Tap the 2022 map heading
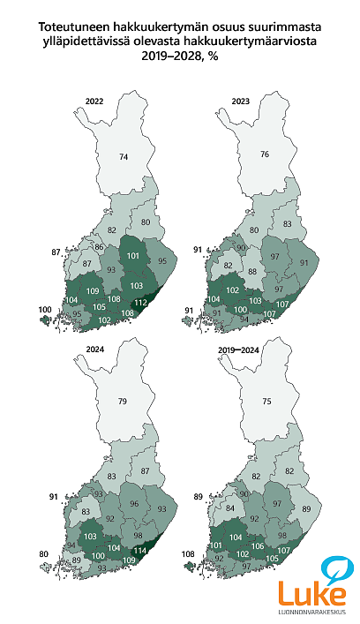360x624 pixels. (95, 101)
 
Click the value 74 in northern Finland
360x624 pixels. (124, 157)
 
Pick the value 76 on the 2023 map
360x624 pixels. (264, 154)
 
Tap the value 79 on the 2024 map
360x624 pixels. (124, 402)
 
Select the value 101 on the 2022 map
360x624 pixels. (133, 256)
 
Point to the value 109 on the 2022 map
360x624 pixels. (93, 291)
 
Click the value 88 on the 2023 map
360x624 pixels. (252, 272)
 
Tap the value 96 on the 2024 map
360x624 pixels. (135, 504)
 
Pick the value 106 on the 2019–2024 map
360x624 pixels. (258, 546)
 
